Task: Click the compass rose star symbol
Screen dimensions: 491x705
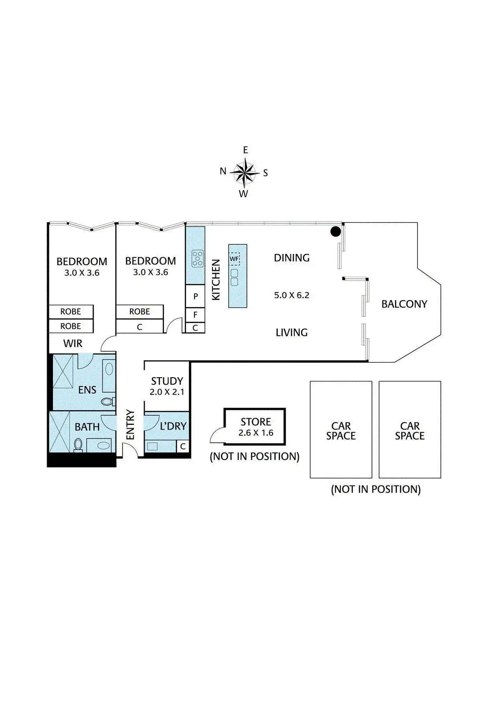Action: click(x=244, y=172)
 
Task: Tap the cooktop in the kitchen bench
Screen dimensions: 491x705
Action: click(x=198, y=258)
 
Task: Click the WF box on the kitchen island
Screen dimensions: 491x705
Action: click(x=234, y=259)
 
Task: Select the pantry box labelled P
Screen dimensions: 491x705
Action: click(x=195, y=296)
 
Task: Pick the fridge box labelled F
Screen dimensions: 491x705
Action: click(x=195, y=315)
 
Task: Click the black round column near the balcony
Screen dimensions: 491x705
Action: click(x=336, y=231)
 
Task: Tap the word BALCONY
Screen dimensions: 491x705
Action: click(x=404, y=304)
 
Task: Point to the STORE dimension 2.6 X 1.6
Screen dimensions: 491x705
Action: click(x=256, y=433)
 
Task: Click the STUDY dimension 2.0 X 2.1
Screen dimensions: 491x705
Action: click(x=167, y=391)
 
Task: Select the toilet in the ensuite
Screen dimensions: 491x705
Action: click(x=106, y=401)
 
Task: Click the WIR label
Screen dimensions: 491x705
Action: click(x=73, y=344)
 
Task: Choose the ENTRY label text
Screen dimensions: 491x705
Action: click(x=130, y=425)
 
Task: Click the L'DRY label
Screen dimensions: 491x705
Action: click(x=173, y=426)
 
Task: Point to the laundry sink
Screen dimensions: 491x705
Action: click(x=153, y=446)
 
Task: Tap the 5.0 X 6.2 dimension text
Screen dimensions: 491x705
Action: click(x=291, y=295)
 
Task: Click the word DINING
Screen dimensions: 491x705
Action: click(x=291, y=258)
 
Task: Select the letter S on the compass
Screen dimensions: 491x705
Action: click(x=265, y=173)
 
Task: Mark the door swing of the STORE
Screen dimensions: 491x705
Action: click(x=217, y=436)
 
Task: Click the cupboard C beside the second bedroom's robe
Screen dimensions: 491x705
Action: click(x=140, y=327)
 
